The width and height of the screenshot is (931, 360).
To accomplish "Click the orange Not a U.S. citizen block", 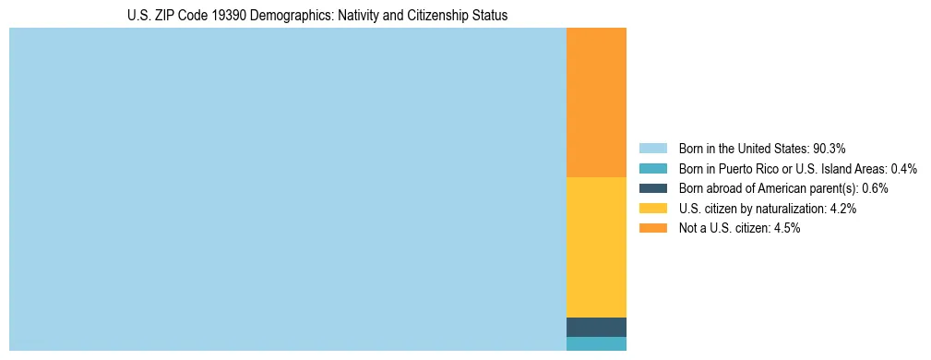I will (x=596, y=102).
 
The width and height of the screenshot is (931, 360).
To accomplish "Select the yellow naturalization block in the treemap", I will (x=596, y=246).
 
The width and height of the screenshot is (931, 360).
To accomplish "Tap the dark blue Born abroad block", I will (x=596, y=327).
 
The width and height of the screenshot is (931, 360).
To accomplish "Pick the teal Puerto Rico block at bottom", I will (x=596, y=343).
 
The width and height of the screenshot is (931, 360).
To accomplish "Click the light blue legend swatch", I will (x=652, y=148).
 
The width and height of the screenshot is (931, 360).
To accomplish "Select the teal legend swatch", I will (x=652, y=168).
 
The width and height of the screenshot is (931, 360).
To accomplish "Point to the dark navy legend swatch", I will (x=652, y=188).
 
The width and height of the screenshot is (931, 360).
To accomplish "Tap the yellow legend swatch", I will (x=652, y=209).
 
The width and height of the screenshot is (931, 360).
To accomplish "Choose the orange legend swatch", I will (x=652, y=229).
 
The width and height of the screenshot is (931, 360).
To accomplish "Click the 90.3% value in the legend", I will (x=830, y=148).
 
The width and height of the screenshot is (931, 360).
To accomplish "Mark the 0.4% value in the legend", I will (x=904, y=168).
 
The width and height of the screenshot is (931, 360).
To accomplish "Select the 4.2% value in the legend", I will (x=843, y=209).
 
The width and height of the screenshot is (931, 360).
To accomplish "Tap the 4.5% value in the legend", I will (x=787, y=229).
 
